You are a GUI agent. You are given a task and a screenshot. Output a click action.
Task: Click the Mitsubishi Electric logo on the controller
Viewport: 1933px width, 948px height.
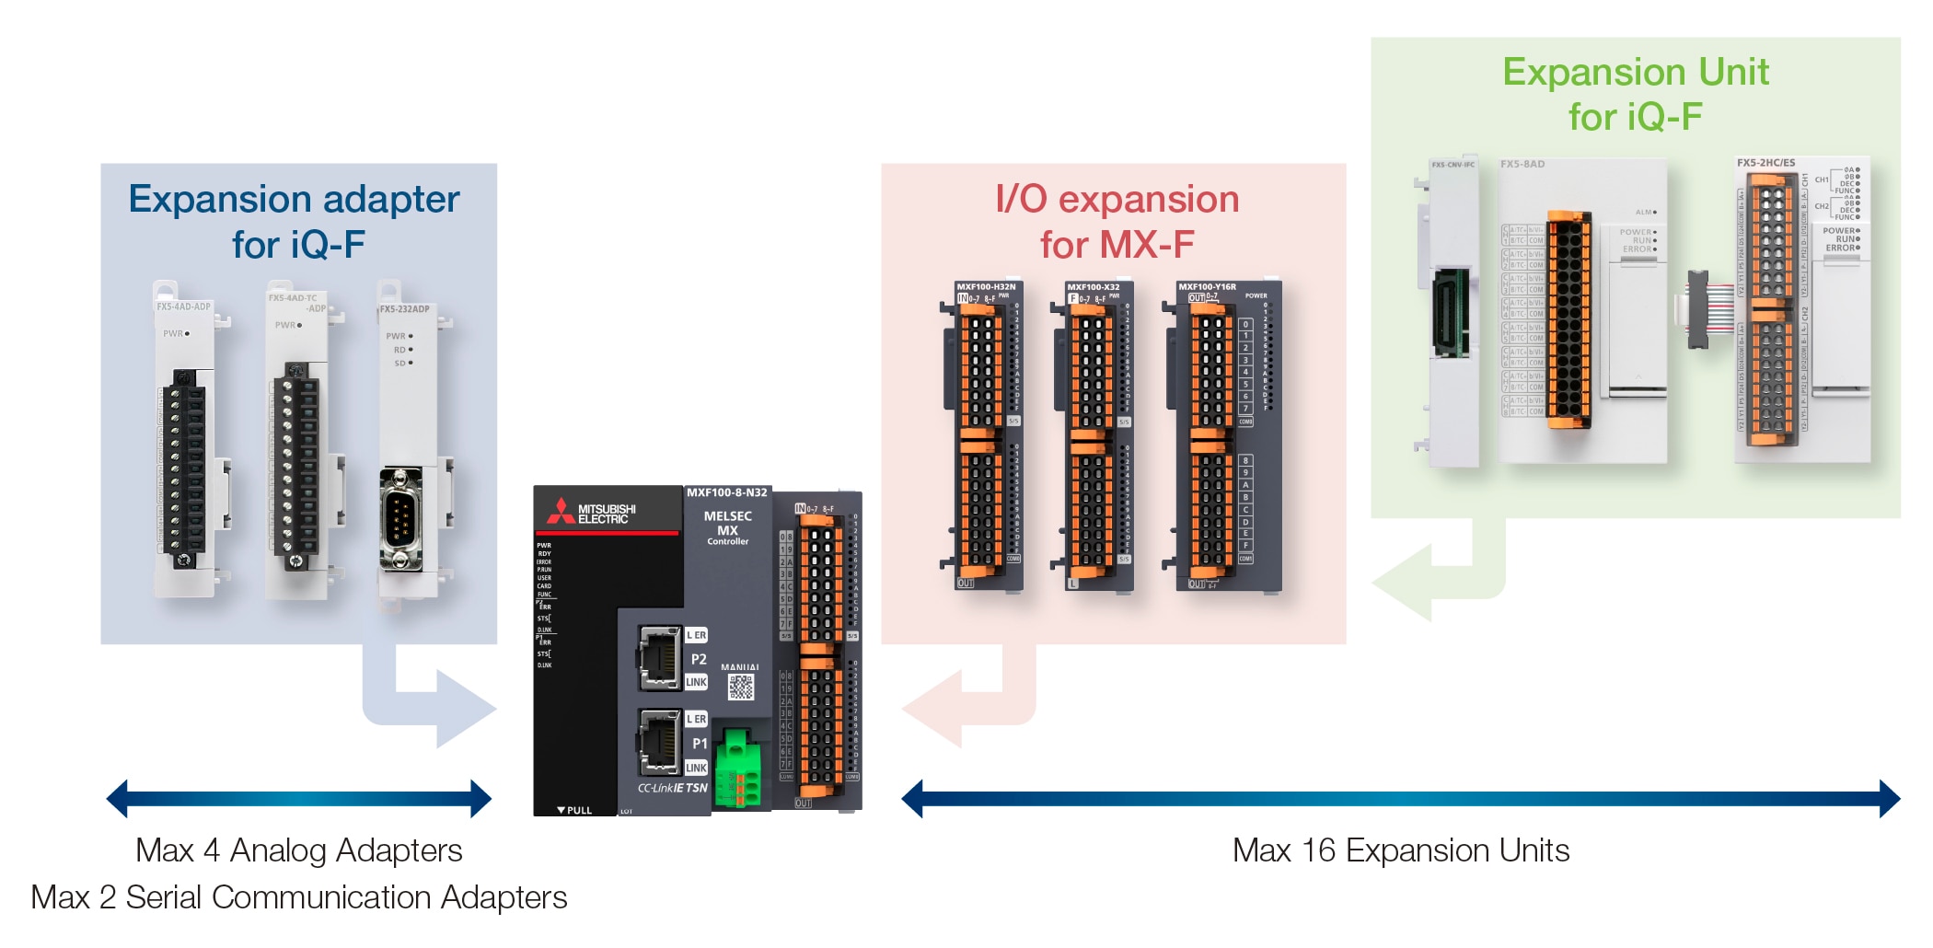[594, 513]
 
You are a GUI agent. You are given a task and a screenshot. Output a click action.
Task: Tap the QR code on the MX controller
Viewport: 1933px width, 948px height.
[741, 687]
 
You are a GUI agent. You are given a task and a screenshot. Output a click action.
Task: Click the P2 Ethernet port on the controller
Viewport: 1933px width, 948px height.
[659, 656]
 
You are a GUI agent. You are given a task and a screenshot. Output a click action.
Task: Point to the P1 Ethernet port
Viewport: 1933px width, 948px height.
[659, 740]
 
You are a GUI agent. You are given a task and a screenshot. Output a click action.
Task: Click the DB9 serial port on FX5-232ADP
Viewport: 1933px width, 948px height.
[400, 520]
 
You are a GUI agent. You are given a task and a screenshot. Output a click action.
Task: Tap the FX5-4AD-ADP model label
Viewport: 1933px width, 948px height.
[183, 306]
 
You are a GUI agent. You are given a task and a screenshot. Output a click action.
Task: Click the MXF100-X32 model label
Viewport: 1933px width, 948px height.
[1094, 287]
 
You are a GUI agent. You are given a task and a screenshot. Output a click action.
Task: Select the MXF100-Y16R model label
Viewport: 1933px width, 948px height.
[1207, 287]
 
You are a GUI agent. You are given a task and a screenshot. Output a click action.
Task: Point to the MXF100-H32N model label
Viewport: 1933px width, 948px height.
[986, 287]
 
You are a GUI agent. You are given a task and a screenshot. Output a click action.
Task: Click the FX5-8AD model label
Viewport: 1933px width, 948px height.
[1522, 165]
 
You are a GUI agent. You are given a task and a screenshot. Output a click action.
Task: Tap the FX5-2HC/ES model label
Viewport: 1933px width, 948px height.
[1765, 163]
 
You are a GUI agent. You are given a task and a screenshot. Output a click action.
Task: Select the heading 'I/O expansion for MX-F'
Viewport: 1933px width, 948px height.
[1117, 222]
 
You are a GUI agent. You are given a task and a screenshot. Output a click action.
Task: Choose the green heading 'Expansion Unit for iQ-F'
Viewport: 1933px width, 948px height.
[1636, 94]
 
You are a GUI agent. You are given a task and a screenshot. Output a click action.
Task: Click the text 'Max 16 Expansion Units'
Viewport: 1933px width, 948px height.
[1400, 850]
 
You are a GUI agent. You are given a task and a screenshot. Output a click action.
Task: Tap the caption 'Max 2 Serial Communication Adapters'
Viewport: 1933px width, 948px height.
[299, 897]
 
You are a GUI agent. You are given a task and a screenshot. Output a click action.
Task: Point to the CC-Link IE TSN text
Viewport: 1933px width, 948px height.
[673, 789]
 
